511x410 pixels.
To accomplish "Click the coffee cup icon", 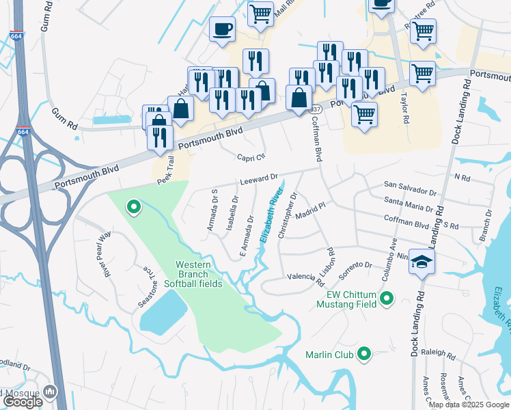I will pyautogui.click(x=221, y=29).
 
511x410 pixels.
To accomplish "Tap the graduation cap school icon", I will pyautogui.click(x=422, y=261).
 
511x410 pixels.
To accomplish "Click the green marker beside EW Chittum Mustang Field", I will pyautogui.click(x=387, y=299).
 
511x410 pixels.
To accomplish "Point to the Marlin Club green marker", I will pyautogui.click(x=364, y=354).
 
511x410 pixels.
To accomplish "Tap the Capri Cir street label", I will pyautogui.click(x=250, y=156).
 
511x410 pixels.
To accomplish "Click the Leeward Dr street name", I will pyautogui.click(x=259, y=179).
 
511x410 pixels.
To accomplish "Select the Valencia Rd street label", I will pyautogui.click(x=305, y=277).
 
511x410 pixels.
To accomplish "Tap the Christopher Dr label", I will pyautogui.click(x=288, y=215).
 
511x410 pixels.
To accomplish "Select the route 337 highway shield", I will pyautogui.click(x=315, y=109).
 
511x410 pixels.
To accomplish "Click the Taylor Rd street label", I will pyautogui.click(x=404, y=109).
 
